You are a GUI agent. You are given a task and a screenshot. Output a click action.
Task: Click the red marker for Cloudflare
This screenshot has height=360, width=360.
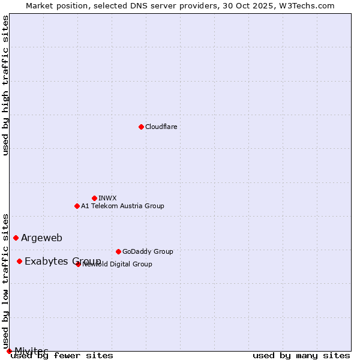pyautogui.click(x=141, y=127)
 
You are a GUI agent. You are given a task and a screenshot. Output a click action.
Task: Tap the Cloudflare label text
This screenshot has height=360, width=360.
pyautogui.click(x=161, y=127)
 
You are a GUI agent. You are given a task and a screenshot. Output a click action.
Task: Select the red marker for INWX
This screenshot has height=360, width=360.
pyautogui.click(x=94, y=198)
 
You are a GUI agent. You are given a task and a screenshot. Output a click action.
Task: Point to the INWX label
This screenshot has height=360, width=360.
pyautogui.click(x=107, y=198)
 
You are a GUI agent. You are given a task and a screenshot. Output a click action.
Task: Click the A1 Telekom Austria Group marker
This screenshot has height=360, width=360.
pyautogui.click(x=77, y=206)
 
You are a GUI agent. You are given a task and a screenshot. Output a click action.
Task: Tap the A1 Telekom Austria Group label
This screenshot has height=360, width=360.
pyautogui.click(x=122, y=206)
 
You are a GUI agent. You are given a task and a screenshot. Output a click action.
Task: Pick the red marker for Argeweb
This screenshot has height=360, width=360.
pyautogui.click(x=16, y=238)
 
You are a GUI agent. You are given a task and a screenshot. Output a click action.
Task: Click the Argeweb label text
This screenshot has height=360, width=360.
pyautogui.click(x=41, y=238)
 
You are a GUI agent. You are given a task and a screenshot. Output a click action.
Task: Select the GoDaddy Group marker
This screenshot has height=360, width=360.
pyautogui.click(x=118, y=251)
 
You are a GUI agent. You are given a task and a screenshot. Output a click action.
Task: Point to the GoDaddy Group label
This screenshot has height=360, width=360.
pyautogui.click(x=148, y=251)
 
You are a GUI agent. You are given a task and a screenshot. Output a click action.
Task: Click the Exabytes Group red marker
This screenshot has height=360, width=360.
pyautogui.click(x=19, y=261)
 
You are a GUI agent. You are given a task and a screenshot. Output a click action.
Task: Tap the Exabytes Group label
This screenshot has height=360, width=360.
pyautogui.click(x=62, y=261)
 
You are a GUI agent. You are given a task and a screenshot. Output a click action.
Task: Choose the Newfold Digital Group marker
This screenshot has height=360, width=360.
pyautogui.click(x=78, y=264)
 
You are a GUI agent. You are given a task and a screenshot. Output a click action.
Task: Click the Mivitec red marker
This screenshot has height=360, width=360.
pyautogui.click(x=9, y=351)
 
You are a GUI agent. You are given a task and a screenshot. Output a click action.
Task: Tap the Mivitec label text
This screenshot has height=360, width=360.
pyautogui.click(x=31, y=351)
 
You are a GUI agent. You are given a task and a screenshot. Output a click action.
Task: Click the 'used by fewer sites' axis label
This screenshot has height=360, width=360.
pyautogui.click(x=62, y=356)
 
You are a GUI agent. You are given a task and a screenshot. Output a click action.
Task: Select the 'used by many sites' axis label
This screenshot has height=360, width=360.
pyautogui.click(x=301, y=356)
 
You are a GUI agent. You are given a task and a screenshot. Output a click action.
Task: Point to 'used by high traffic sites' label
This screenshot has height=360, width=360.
pyautogui.click(x=5, y=85)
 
